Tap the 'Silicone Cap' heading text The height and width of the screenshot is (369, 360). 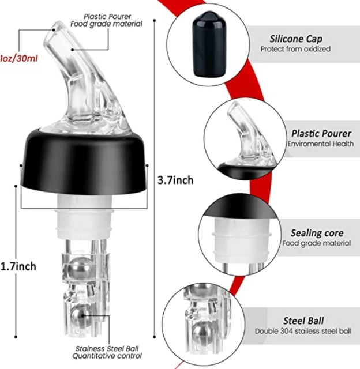(296, 39)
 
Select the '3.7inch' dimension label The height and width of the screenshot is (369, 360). (175, 180)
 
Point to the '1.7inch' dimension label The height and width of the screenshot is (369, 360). (18, 266)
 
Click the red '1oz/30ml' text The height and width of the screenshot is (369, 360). (19, 58)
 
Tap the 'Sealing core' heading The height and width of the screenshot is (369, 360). (317, 233)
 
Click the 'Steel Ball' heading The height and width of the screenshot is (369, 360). (303, 321)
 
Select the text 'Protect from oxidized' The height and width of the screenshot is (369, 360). (295, 50)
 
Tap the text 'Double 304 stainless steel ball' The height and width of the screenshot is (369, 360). (303, 332)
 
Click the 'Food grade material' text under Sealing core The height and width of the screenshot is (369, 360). (317, 243)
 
